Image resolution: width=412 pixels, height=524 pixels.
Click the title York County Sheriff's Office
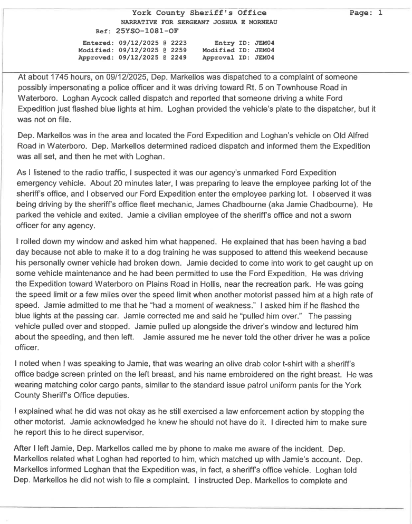[199, 13]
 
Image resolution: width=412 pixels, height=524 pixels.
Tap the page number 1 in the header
[379, 13]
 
